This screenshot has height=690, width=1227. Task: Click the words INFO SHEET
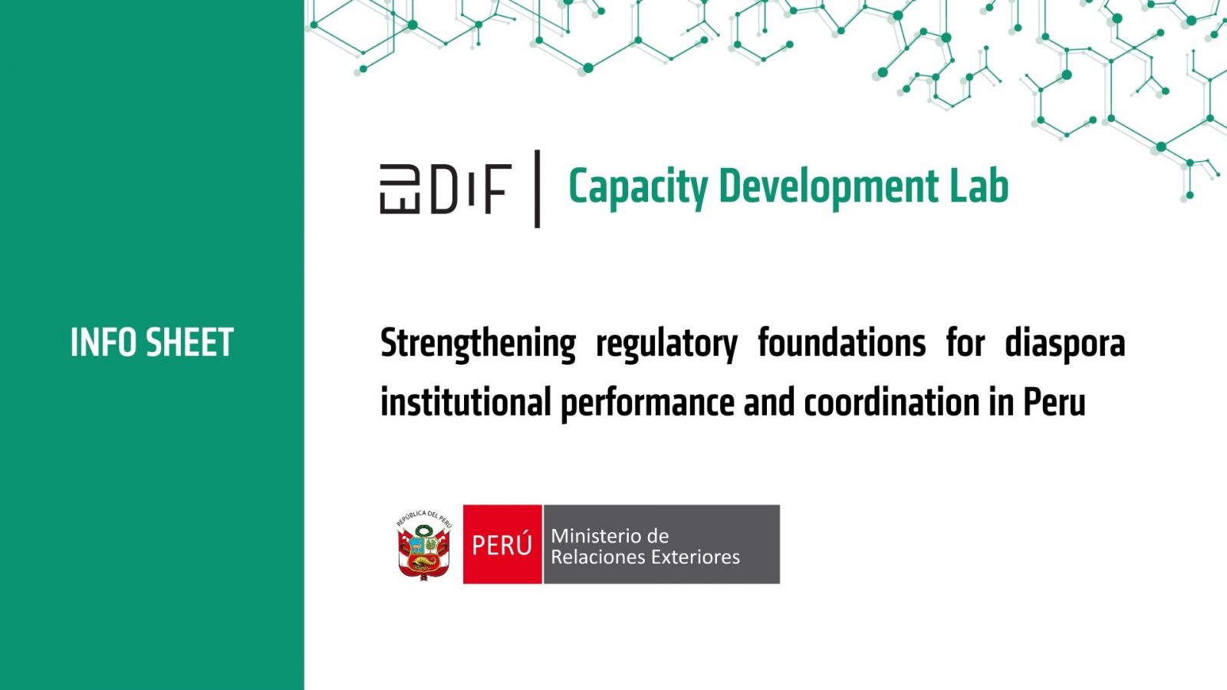tap(152, 342)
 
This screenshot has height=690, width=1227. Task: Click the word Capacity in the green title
tap(638, 187)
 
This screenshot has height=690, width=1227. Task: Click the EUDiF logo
tap(446, 189)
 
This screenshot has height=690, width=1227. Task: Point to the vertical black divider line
tap(538, 189)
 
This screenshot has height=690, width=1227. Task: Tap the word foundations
tap(842, 343)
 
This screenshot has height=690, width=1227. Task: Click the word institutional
tap(465, 402)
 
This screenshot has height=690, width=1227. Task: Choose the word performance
tap(647, 405)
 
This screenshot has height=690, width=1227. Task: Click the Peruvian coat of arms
tap(424, 545)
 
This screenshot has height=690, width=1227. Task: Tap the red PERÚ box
tap(502, 544)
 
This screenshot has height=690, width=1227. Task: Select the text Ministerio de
tap(610, 536)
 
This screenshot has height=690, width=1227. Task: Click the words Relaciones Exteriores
tap(645, 557)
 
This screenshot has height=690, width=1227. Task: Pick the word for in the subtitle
tap(965, 343)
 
